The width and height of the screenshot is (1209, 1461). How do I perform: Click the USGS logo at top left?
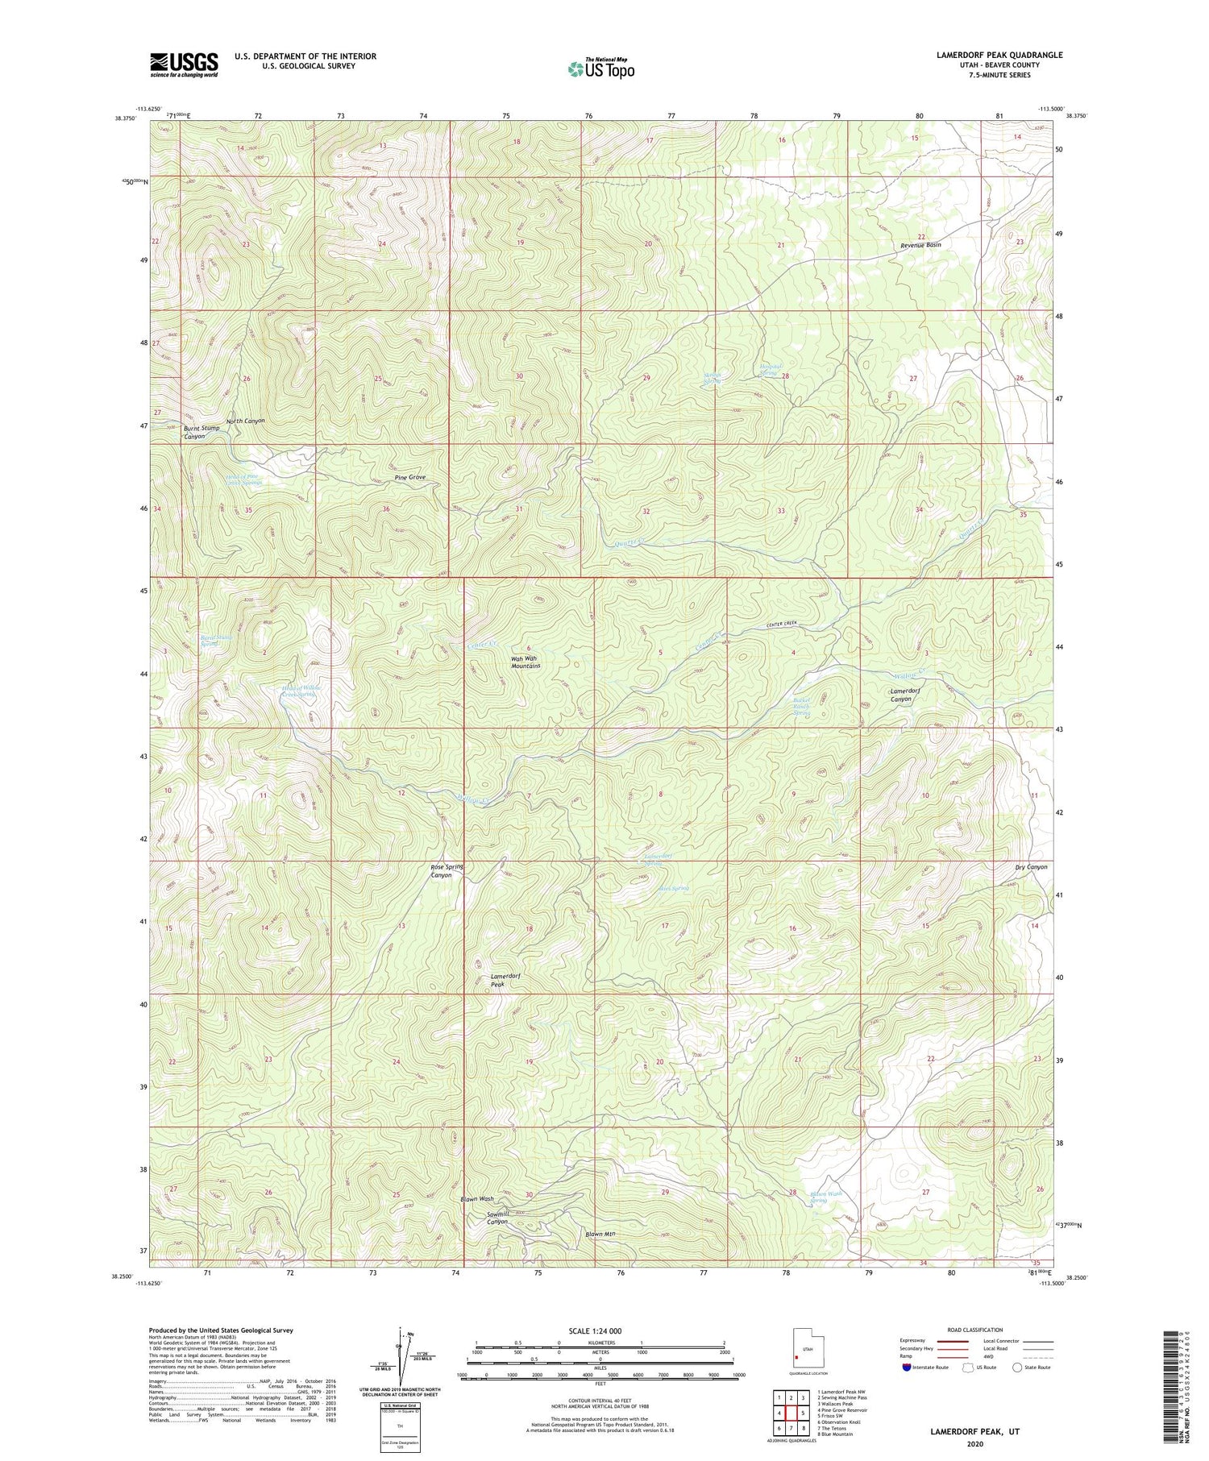point(184,64)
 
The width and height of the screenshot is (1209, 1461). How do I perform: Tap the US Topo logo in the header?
point(600,69)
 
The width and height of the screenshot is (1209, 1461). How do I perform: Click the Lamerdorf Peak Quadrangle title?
point(987,55)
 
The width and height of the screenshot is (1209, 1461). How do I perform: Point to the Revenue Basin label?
point(920,244)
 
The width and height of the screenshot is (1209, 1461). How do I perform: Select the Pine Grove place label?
point(410,477)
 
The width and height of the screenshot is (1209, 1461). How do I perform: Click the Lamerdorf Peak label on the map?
point(506,980)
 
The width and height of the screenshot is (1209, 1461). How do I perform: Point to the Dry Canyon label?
point(1031,866)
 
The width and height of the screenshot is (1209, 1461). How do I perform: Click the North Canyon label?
point(245,421)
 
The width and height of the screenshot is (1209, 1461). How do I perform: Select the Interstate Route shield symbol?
point(908,1368)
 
